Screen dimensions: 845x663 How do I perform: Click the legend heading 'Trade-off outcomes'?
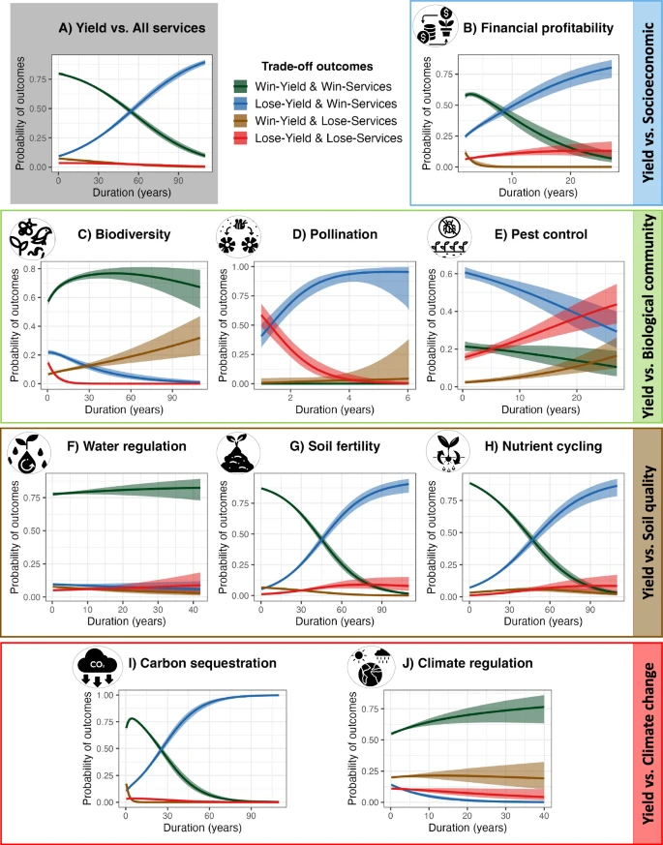[x=316, y=67]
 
